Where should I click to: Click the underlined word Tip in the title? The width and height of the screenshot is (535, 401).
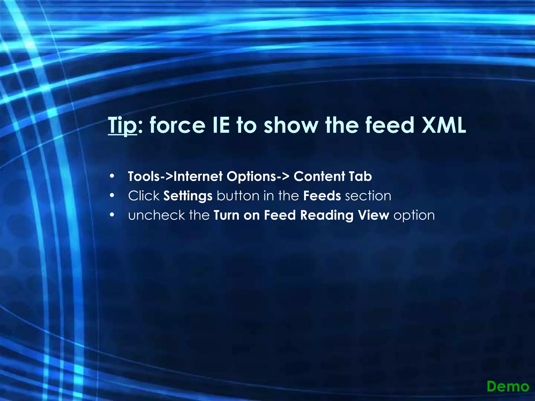[122, 125]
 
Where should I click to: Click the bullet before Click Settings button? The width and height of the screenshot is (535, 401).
[112, 196]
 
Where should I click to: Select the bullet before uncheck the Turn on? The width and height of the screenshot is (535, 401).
[112, 215]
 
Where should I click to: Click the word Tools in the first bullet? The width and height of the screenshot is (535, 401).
[143, 176]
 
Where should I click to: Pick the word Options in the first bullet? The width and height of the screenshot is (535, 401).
[251, 177]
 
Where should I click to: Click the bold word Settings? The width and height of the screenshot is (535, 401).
[188, 196]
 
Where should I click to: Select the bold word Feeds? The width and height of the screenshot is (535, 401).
[322, 196]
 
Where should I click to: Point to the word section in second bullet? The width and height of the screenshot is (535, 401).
[368, 196]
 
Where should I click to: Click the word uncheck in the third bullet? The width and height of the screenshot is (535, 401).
[156, 215]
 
